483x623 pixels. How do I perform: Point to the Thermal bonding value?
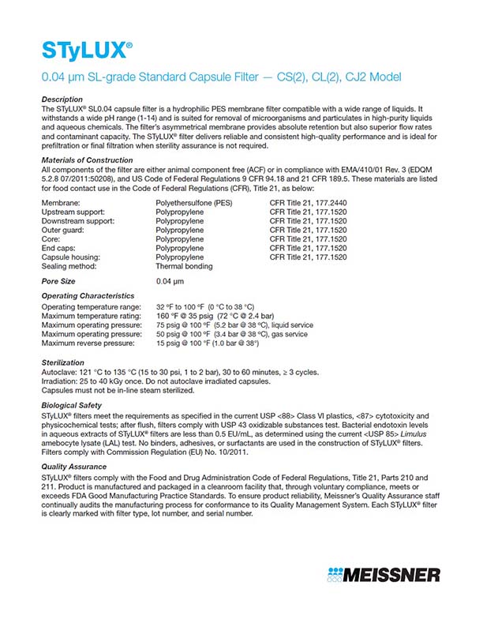click(x=184, y=266)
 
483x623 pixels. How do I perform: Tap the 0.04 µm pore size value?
click(x=170, y=280)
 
